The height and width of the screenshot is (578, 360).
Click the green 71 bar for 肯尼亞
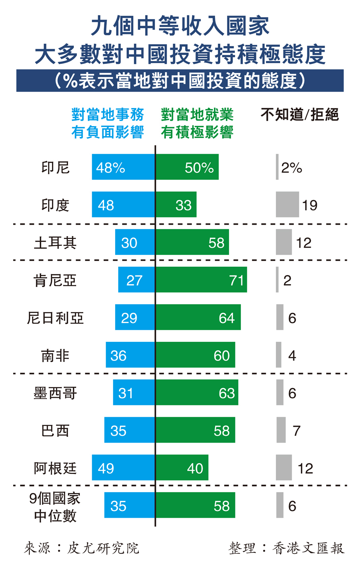(201, 279)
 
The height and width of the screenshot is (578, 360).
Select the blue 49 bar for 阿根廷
(123, 468)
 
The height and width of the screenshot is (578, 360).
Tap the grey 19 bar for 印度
(287, 204)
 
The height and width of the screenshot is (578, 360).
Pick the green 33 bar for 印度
(176, 204)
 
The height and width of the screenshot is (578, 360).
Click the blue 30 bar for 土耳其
(135, 242)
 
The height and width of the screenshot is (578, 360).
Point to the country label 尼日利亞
(55, 318)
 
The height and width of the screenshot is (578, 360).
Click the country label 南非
(55, 355)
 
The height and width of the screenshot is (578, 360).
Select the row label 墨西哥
(55, 393)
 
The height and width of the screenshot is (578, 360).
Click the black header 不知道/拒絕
(300, 115)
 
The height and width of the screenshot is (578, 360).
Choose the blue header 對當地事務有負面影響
(108, 123)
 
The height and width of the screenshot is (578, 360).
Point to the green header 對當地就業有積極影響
(197, 123)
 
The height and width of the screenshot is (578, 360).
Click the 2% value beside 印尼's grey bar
(292, 168)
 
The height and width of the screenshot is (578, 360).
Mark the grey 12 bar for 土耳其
(284, 242)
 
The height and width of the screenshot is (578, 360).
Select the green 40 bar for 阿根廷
(182, 468)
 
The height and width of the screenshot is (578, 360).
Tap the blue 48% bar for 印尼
(123, 167)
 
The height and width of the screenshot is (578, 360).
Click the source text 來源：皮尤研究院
(82, 548)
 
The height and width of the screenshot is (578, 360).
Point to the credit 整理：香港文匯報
(287, 548)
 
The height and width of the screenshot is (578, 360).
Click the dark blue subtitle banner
(180, 81)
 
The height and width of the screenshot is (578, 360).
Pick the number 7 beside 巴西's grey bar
(296, 430)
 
